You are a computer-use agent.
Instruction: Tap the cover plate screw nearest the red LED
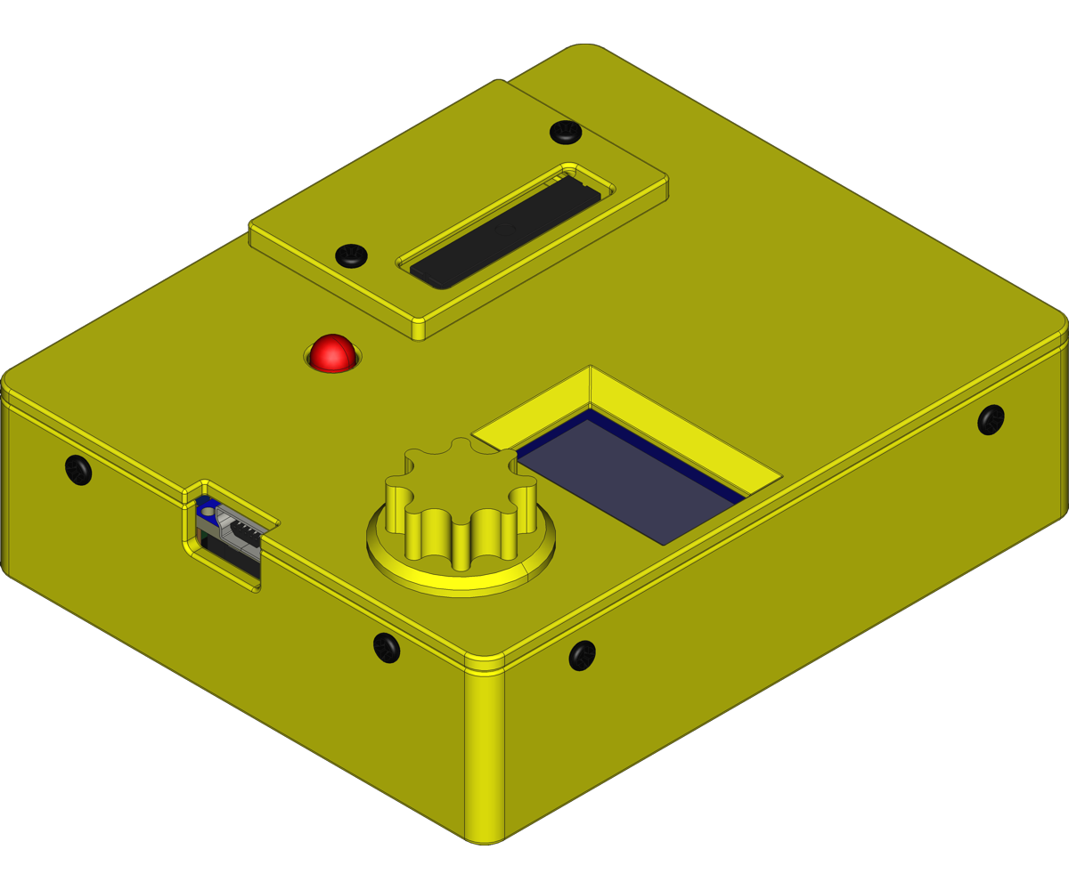(x=351, y=255)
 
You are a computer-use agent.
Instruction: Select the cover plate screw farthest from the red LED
(x=565, y=133)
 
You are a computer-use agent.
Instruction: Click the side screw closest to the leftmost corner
(x=78, y=469)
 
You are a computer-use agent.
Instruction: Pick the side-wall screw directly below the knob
(x=386, y=646)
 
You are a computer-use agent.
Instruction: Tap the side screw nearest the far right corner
(x=991, y=419)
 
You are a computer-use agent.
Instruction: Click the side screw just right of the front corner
(x=582, y=656)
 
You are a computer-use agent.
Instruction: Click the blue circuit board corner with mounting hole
(x=207, y=511)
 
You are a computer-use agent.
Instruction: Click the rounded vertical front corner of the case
(x=485, y=756)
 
